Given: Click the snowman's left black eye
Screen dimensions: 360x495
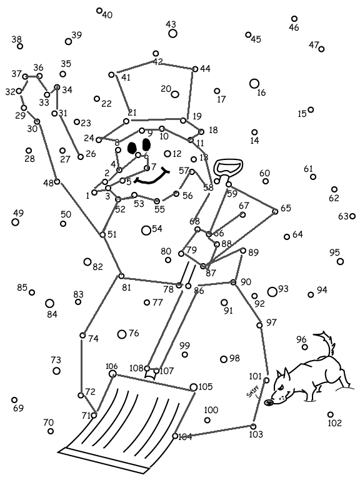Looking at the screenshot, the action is pos(132,147).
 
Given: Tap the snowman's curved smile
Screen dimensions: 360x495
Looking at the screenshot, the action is pos(152,177).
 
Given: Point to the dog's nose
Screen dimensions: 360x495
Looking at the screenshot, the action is pos(269,402).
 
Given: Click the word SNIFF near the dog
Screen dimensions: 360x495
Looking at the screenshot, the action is pos(252,391).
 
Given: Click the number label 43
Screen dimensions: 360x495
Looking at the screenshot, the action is pos(171,24).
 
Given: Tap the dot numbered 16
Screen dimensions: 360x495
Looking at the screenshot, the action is pos(254,84).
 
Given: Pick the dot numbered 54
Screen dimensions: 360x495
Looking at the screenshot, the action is pos(146,231).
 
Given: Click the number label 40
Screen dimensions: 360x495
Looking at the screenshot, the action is pos(107,15).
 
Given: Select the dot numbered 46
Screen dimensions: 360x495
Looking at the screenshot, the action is pos(294,19).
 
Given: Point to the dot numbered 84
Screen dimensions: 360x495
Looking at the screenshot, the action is pos(49,303).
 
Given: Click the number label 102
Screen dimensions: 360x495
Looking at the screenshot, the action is pos(335,422).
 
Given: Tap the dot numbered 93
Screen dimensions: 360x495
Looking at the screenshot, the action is pos(272,292).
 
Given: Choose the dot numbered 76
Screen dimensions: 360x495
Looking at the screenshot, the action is pos(122,334).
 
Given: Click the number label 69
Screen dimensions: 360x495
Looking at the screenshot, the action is pos(18,408).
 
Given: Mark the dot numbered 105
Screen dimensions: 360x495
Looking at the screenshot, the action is pos(194,387).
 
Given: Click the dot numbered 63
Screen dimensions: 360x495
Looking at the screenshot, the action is pos(352,216).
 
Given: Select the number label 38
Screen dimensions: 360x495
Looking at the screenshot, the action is pos(17,39).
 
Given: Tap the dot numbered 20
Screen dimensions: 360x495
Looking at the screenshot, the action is pos(175,94).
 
